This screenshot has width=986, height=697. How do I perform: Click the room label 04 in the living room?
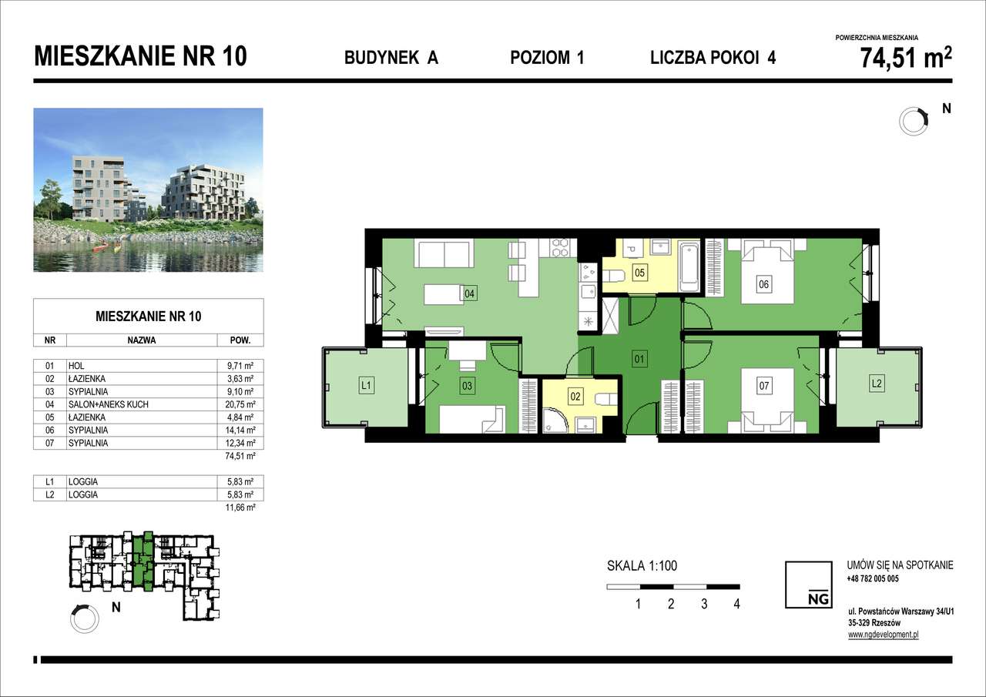[x=469, y=293]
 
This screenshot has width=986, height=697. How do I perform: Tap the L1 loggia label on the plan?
[x=367, y=385]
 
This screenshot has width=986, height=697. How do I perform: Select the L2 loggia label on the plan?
[x=877, y=383]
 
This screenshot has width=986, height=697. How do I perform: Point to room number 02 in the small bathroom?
[x=575, y=397]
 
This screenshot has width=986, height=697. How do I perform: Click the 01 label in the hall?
[x=639, y=357]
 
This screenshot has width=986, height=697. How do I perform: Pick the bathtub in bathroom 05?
[x=690, y=266]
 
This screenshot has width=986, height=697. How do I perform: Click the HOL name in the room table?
[x=76, y=366]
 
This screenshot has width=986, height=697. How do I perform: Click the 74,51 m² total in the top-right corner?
[x=905, y=59]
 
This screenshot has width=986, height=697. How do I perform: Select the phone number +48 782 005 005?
[x=873, y=578]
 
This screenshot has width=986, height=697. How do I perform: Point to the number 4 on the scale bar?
[x=737, y=604]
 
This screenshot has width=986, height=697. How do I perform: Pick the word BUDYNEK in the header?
[x=376, y=58]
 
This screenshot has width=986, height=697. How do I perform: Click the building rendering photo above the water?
[x=148, y=189]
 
